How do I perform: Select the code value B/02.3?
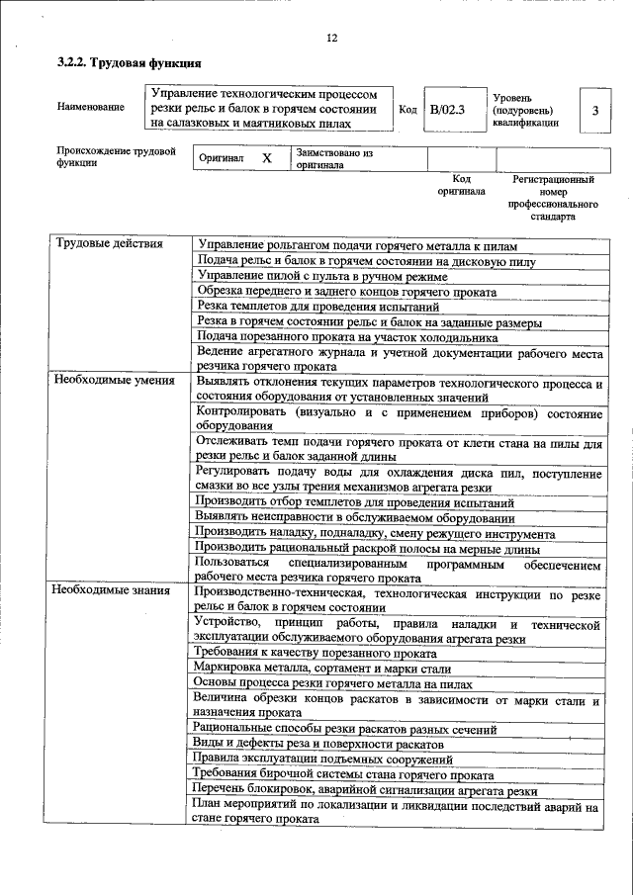(447, 110)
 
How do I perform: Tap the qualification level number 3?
(595, 111)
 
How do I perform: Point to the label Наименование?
(91, 107)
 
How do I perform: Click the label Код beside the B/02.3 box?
(407, 110)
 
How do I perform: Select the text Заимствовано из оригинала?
(333, 159)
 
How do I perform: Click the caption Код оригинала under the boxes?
(461, 185)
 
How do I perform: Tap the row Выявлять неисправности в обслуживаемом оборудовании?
(355, 517)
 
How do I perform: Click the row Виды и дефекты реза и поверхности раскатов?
(319, 744)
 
